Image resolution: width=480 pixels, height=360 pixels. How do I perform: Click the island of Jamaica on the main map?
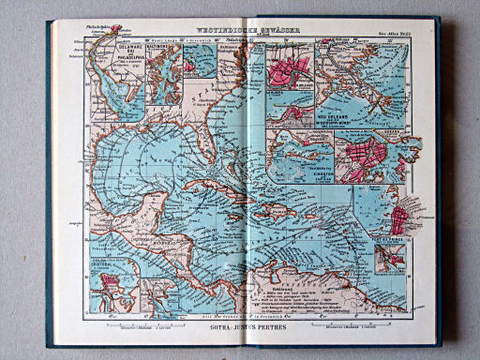pos(232,213)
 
